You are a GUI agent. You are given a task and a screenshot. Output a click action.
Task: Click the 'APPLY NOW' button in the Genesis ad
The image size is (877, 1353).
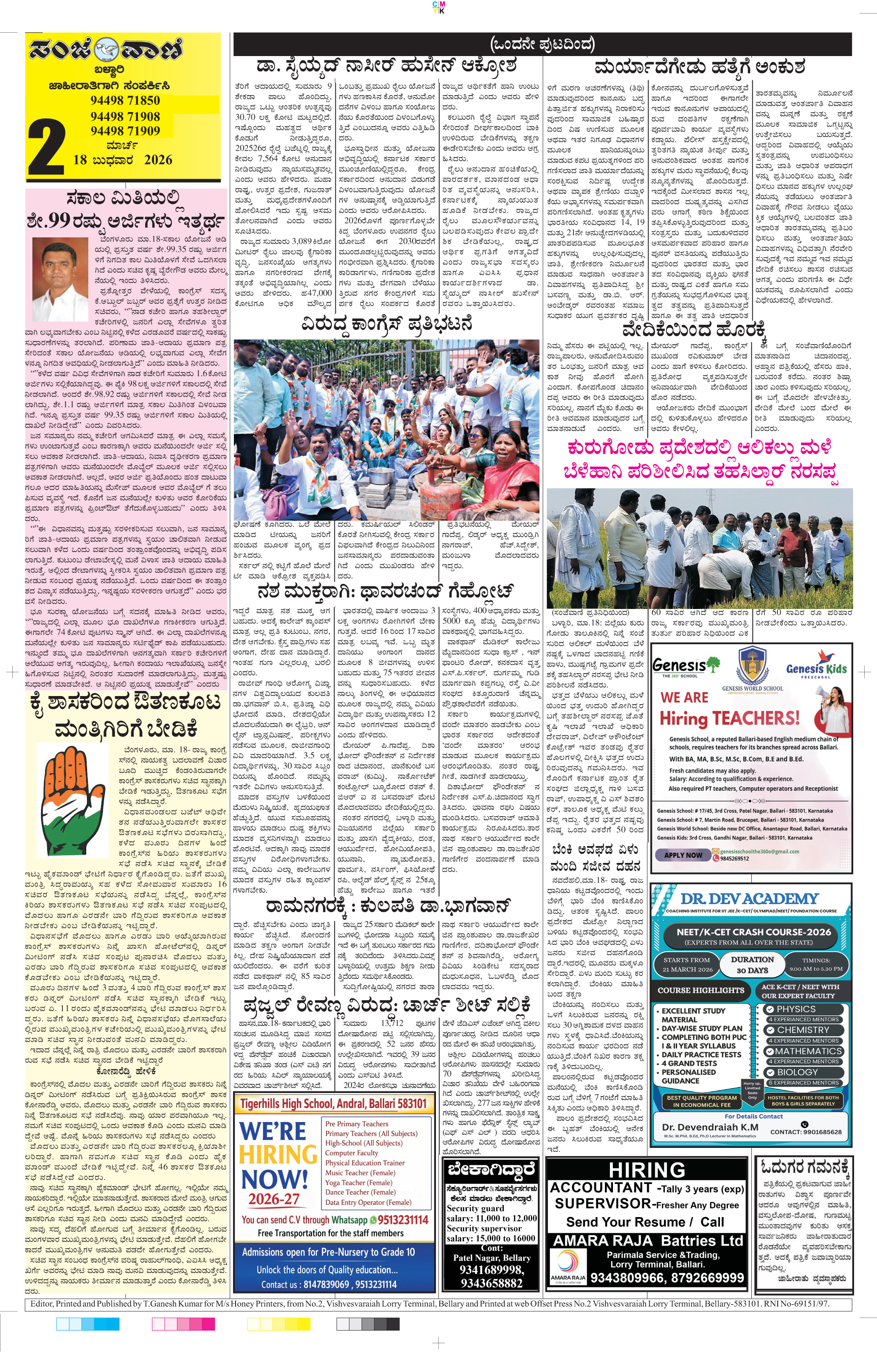tap(683, 855)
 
